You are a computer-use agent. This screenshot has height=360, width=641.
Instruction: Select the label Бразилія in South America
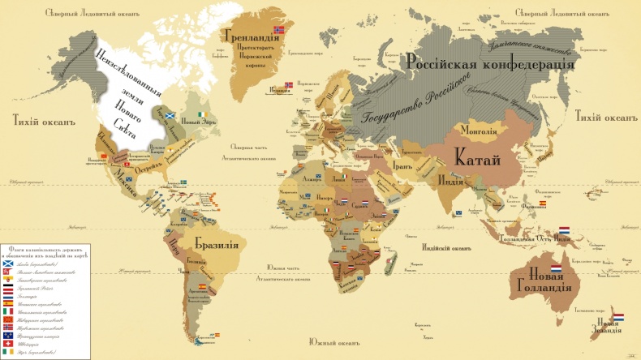[x=216, y=242]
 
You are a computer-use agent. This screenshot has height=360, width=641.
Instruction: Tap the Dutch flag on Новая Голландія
[x=557, y=268]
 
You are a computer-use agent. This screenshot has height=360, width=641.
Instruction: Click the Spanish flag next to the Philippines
[x=542, y=203]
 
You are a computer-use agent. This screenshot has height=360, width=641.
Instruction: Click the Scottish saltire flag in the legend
[x=7, y=262]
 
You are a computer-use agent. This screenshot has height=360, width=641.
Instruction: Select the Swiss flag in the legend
[x=7, y=342]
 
